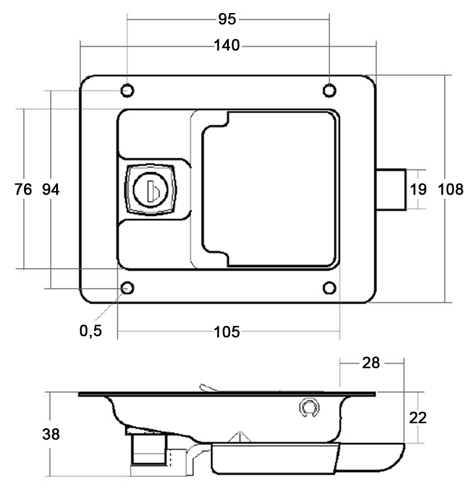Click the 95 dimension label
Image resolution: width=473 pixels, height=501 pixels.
click(x=227, y=20)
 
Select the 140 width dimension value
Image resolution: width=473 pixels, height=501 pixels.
click(x=227, y=45)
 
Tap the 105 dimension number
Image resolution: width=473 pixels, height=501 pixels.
click(x=227, y=332)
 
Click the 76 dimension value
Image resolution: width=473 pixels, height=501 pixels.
click(x=22, y=189)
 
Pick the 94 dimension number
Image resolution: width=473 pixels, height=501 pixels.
click(x=51, y=189)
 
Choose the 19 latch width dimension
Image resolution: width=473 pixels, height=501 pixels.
click(x=418, y=189)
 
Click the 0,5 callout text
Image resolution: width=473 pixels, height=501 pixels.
click(x=91, y=331)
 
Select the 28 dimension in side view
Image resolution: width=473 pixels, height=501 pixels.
click(x=371, y=363)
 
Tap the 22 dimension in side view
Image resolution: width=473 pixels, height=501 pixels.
click(x=418, y=418)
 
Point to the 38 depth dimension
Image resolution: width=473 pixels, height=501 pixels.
click(x=51, y=434)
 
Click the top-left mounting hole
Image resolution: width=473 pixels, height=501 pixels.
click(x=127, y=90)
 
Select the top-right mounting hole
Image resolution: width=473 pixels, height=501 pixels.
click(x=329, y=90)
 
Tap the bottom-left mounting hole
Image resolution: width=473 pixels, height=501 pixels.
click(x=127, y=288)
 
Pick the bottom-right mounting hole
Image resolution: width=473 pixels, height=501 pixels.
click(x=329, y=288)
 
